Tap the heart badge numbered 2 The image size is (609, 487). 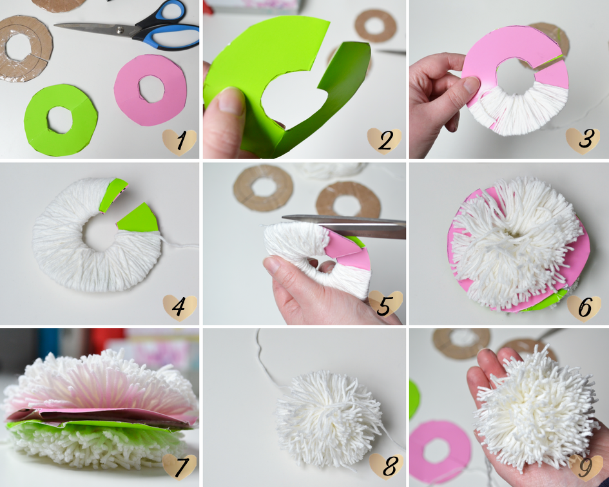click(384, 141)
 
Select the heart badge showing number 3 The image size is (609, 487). click(583, 141)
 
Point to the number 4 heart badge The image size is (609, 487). click(180, 308)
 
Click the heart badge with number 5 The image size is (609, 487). click(385, 304)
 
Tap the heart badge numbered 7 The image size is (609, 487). click(179, 467)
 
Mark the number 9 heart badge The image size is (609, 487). click(586, 468)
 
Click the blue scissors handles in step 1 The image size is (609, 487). click(167, 27)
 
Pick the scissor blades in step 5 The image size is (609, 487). click(343, 225)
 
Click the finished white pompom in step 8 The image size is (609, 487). click(329, 419)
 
